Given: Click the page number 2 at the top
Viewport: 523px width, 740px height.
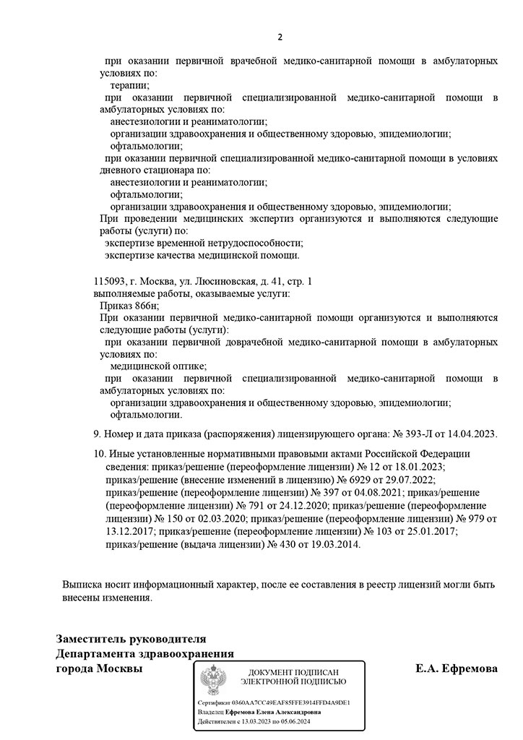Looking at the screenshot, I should (281, 37).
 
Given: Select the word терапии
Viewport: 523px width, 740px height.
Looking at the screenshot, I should (126, 85).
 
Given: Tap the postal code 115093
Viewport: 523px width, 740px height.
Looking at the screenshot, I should (110, 280).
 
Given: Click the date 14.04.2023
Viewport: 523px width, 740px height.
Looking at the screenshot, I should (470, 434).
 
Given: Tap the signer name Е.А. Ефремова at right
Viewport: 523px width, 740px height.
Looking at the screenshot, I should (457, 668).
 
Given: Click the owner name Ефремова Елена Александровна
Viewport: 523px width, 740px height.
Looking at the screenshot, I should (274, 712).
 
